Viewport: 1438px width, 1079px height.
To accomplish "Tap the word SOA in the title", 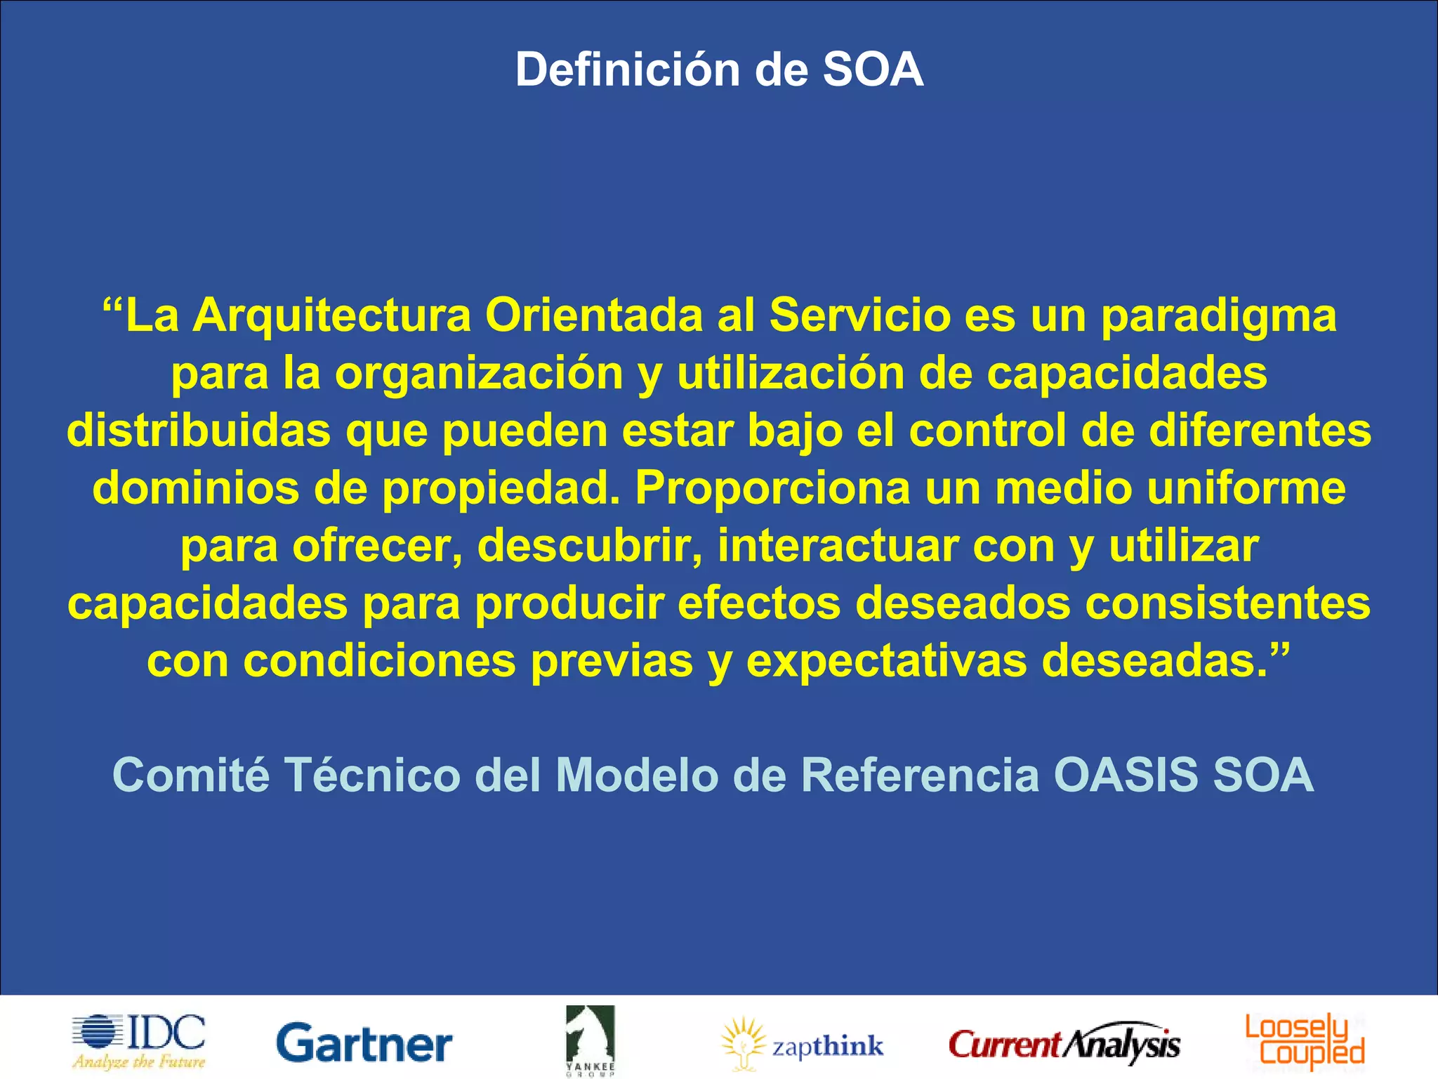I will pyautogui.click(x=873, y=70).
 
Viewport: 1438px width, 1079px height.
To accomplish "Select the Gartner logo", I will pyautogui.click(x=364, y=1044).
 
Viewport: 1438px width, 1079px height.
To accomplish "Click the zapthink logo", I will pyautogui.click(x=803, y=1045).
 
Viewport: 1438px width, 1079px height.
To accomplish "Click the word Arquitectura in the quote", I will pyautogui.click(x=331, y=315).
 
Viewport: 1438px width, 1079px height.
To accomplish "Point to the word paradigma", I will pyautogui.click(x=1218, y=317).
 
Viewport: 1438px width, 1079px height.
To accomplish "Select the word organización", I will pyautogui.click(x=479, y=374).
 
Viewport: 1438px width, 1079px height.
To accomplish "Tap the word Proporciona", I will pyautogui.click(x=773, y=488).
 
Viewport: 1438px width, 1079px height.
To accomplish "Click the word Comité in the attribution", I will pyautogui.click(x=191, y=776).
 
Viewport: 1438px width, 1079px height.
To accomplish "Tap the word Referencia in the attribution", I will pyautogui.click(x=920, y=776).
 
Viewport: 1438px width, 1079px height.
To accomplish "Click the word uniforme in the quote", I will pyautogui.click(x=1246, y=488).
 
